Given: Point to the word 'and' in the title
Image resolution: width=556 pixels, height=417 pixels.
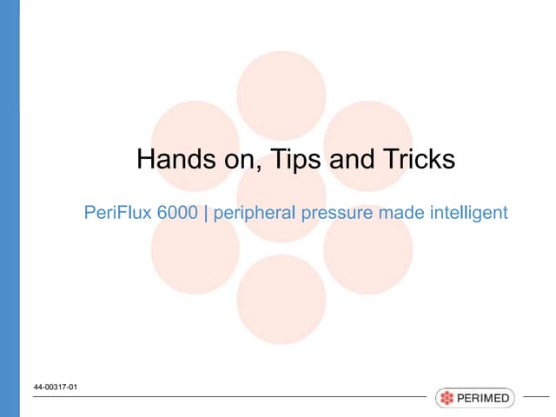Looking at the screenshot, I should coord(351,160).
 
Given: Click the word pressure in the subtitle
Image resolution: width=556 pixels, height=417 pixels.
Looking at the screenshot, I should coord(329,212).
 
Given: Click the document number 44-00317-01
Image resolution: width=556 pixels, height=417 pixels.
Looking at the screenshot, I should coord(56,387).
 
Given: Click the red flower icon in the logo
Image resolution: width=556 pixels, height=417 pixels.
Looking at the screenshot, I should coord(447,399).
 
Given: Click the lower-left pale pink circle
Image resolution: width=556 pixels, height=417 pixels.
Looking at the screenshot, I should coord(195,248).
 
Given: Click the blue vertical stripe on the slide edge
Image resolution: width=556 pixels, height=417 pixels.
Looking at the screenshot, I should coord(10,208).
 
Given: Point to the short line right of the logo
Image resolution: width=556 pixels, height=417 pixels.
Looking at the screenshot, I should coord(537,398).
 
